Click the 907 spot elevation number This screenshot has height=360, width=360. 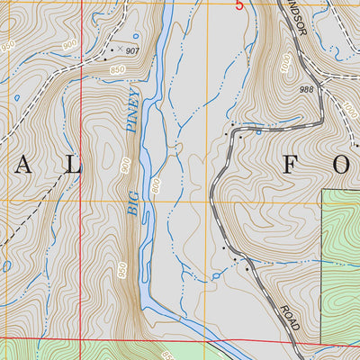[133, 51]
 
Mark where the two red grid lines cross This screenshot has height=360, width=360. [81, 339]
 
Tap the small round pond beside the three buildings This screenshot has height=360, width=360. [217, 274]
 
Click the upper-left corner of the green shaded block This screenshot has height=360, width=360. [323, 190]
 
